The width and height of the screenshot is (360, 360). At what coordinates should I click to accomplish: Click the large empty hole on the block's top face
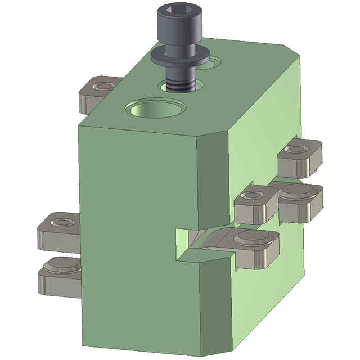(x=157, y=108)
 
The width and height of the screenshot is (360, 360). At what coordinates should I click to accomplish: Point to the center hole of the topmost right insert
(x=297, y=150)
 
